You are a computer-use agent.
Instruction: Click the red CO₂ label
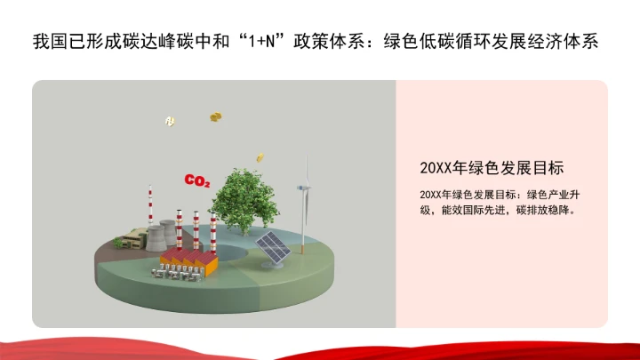196,181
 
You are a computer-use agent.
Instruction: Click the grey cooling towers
161,236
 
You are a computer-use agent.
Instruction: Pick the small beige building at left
133,237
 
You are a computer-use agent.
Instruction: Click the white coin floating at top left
169,120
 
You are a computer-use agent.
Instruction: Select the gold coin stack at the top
215,116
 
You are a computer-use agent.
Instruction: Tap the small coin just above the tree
260,157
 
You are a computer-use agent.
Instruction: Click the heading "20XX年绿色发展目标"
492,167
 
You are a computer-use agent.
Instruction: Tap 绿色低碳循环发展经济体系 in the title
502,42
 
